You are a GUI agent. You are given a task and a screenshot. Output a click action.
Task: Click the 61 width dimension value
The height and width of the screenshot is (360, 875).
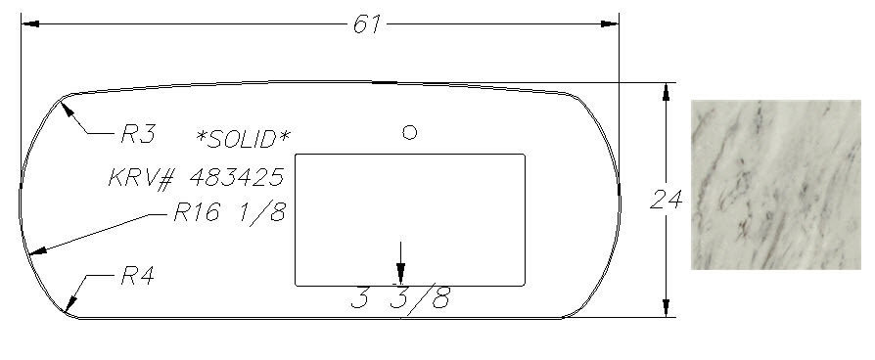click(x=367, y=24)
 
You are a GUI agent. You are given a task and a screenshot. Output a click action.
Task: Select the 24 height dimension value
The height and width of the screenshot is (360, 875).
click(x=666, y=200)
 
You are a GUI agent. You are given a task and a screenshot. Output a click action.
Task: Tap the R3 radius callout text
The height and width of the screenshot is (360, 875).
click(x=138, y=134)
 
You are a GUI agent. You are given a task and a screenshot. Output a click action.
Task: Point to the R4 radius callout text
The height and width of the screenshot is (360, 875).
click(x=138, y=276)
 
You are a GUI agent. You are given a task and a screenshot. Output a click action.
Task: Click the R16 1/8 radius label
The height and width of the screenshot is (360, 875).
click(x=230, y=212)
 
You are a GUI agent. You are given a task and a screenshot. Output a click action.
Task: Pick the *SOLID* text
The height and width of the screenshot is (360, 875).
click(x=244, y=138)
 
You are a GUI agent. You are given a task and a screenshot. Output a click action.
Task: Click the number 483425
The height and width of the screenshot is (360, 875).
click(x=237, y=177)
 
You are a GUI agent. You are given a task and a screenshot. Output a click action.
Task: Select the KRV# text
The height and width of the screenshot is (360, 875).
click(x=142, y=178)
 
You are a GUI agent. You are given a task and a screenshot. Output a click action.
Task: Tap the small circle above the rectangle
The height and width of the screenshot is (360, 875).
click(x=409, y=132)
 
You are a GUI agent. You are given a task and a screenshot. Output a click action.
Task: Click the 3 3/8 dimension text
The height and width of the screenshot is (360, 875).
click(x=400, y=299)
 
